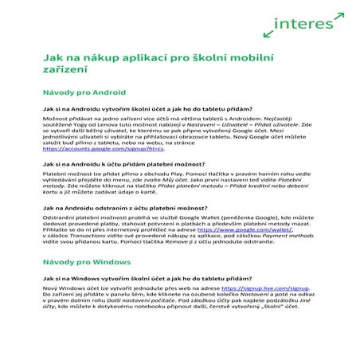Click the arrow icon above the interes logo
337,15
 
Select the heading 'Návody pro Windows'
83,262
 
